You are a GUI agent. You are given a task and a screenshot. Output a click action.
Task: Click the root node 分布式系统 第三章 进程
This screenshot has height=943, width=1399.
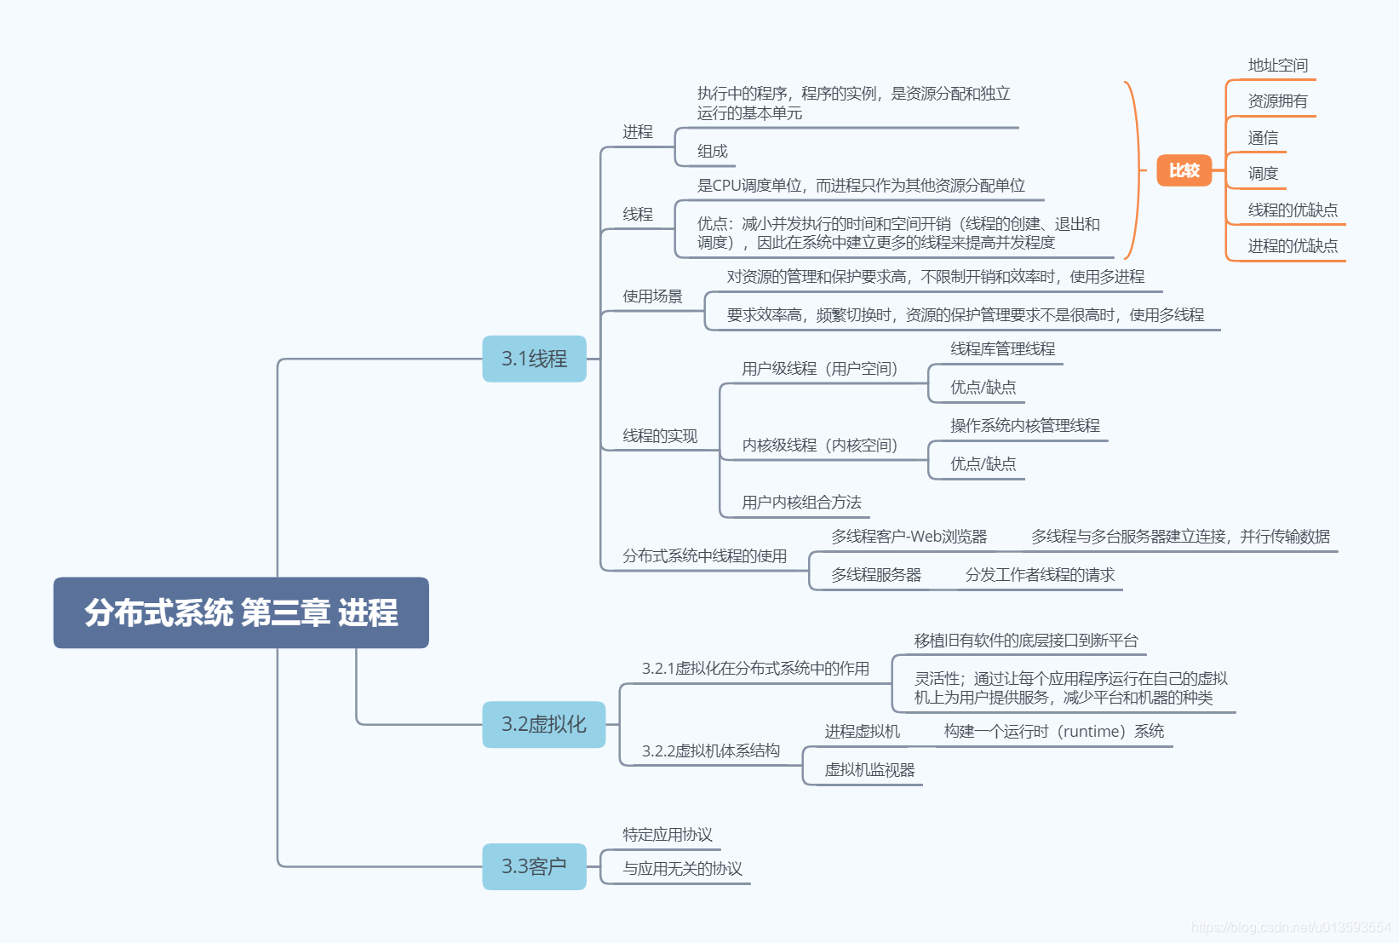[241, 612]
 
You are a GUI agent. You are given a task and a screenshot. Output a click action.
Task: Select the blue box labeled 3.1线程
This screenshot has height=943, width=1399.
[534, 359]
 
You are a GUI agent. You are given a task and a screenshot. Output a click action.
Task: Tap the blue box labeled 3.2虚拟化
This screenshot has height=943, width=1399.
[543, 724]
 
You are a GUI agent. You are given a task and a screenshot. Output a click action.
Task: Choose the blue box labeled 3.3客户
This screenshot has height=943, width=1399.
[534, 866]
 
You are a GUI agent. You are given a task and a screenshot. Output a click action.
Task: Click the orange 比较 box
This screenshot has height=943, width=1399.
[1184, 170]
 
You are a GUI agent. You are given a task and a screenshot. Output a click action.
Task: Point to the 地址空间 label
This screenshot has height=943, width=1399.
[1277, 66]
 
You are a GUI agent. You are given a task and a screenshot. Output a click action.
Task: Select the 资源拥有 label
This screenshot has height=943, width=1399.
[1277, 101]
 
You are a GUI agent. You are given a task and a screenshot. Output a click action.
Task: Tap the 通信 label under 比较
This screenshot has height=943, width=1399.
[1263, 138]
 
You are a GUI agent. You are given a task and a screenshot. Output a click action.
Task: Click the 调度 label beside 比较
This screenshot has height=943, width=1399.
[1263, 174]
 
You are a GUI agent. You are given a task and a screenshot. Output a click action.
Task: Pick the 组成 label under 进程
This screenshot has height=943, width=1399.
[713, 152]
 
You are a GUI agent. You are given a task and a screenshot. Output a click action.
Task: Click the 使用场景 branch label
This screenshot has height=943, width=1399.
[652, 296]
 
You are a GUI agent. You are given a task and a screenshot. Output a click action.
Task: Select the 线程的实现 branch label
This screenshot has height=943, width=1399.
[660, 436]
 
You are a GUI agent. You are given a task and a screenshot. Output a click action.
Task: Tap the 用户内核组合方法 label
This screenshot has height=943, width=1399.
[801, 503]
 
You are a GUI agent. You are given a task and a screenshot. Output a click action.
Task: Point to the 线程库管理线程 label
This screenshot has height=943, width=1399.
[1002, 349]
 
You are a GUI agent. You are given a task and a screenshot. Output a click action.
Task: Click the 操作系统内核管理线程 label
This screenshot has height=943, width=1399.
[1024, 426]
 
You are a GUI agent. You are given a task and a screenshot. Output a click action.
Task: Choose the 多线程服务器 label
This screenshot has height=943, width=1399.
[876, 575]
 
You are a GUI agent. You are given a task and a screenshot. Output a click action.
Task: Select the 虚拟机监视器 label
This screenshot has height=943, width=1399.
[869, 770]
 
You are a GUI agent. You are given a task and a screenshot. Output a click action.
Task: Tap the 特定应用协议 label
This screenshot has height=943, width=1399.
[668, 835]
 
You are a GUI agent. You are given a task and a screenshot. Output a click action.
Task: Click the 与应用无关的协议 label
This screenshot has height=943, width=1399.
[682, 869]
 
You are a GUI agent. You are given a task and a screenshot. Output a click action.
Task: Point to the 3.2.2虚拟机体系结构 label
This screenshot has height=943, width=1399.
[710, 751]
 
